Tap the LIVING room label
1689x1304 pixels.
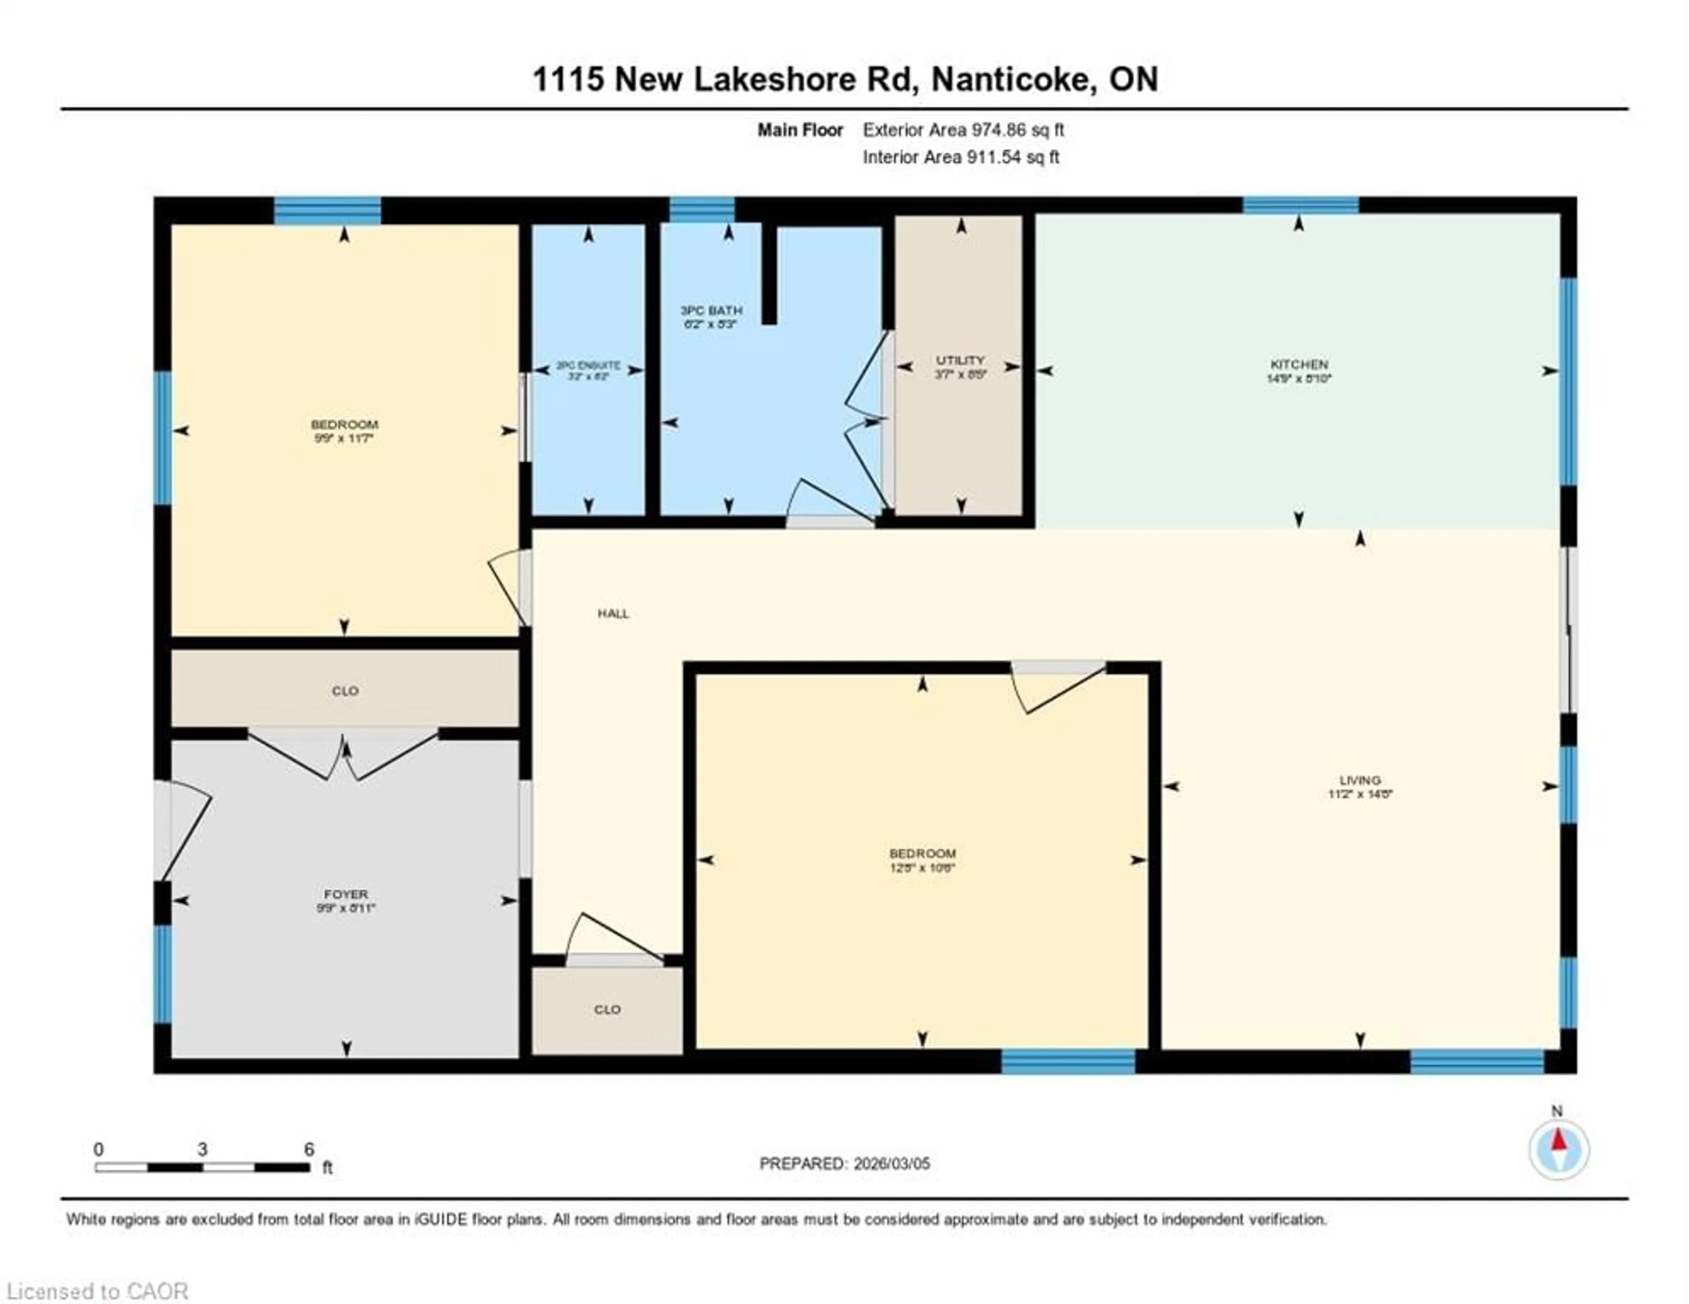(1360, 780)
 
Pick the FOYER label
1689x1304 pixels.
(346, 894)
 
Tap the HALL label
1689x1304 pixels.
(613, 614)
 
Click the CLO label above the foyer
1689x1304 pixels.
(345, 691)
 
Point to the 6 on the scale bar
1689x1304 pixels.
(309, 1149)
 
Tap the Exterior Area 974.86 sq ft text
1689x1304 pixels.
(963, 130)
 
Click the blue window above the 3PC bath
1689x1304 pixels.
(702, 210)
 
